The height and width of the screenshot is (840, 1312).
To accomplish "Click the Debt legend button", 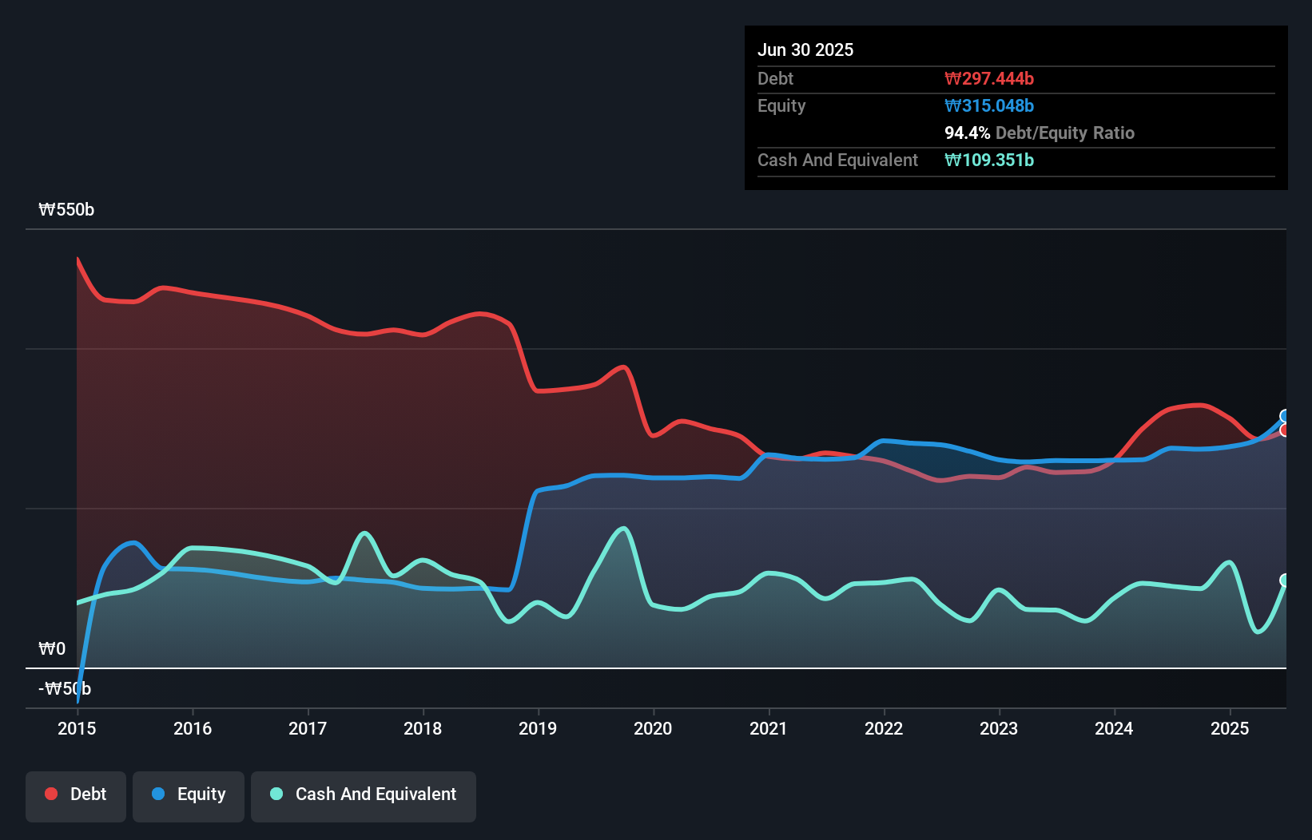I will click(76, 794).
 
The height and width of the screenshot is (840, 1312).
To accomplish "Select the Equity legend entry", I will click(189, 794).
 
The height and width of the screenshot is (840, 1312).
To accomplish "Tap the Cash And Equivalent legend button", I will click(364, 794).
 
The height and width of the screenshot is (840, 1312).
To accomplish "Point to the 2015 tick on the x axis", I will click(77, 728).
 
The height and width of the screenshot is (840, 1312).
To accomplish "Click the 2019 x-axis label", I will click(538, 728).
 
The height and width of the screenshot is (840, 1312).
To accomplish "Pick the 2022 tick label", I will click(884, 728).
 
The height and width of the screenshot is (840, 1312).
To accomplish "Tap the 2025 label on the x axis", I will click(1230, 728).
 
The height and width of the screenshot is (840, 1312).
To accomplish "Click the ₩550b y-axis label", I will click(66, 210).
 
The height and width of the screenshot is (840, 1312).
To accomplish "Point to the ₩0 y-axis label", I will click(52, 649).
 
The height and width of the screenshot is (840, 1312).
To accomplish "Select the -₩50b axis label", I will click(65, 689).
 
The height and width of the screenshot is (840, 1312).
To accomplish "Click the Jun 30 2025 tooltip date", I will click(805, 50).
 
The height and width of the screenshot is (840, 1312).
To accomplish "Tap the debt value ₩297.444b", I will click(989, 79).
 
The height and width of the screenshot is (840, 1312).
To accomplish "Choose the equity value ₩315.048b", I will click(989, 106).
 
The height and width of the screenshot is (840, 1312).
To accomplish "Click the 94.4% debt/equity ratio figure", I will click(967, 133).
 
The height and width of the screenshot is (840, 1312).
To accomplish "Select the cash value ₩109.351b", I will click(989, 160).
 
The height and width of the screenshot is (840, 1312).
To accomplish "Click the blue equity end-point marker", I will click(1285, 416).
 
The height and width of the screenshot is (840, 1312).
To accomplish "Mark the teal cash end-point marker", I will click(1285, 580).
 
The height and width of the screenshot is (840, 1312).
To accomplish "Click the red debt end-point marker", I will click(1285, 430).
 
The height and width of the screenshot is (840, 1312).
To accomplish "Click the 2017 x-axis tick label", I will click(308, 728).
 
